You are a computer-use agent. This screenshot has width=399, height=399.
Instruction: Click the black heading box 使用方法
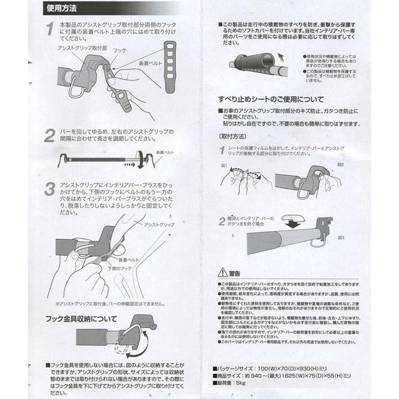[62, 9]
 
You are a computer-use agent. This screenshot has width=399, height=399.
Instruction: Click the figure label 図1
[224, 166]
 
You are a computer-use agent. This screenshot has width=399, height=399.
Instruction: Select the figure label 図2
[340, 165]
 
